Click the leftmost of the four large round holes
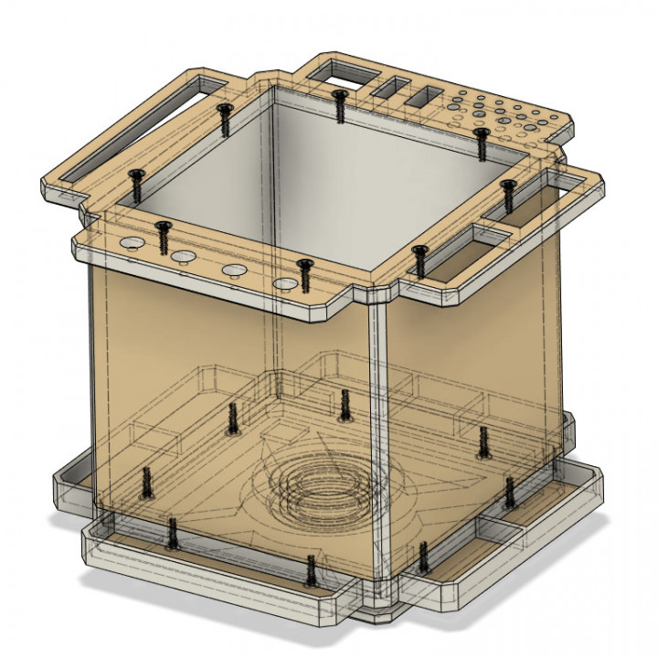pyautogui.click(x=129, y=243)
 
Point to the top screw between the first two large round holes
pyautogui.click(x=163, y=238)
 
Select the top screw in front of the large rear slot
pyautogui.click(x=339, y=105)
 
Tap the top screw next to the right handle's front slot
pyautogui.click(x=419, y=260)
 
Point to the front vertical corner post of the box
pyautogui.click(x=377, y=448)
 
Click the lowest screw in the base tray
pyautogui.click(x=311, y=570)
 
